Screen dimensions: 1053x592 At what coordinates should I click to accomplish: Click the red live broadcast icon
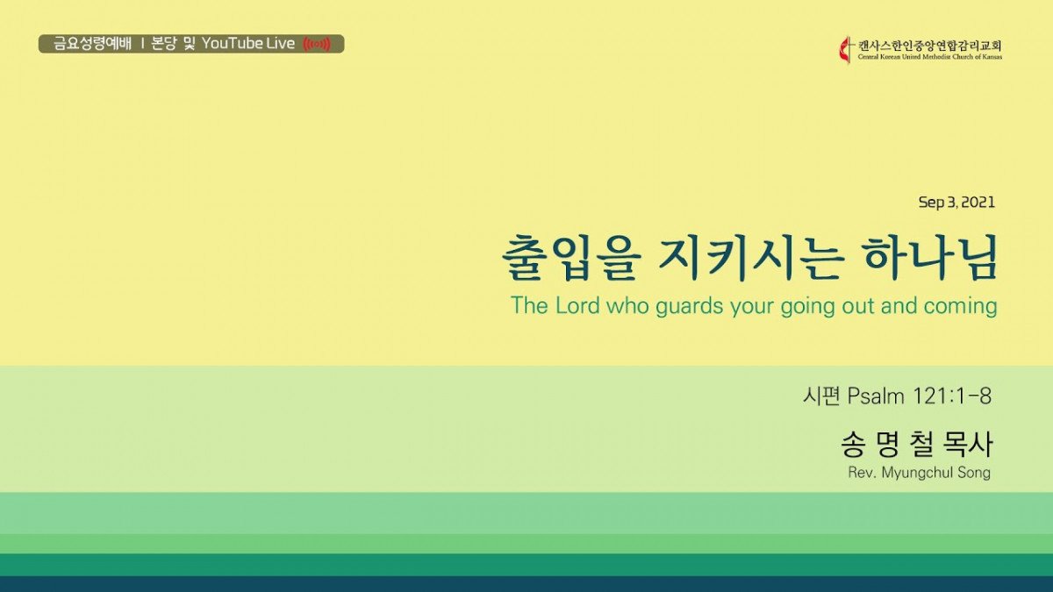(x=317, y=44)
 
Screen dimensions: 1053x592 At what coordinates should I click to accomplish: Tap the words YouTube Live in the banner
(x=248, y=44)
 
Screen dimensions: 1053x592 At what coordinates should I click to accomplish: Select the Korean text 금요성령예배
(x=93, y=44)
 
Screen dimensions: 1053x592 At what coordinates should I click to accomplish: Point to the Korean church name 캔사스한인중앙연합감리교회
(x=929, y=46)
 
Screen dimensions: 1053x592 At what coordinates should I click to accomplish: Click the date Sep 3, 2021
(x=956, y=203)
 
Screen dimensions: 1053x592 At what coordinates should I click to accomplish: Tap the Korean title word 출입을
(x=572, y=258)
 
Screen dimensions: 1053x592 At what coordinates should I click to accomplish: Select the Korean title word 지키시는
(x=749, y=258)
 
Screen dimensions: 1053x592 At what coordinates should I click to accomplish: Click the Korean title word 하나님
(x=925, y=258)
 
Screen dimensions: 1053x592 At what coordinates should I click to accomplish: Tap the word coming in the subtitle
(x=960, y=306)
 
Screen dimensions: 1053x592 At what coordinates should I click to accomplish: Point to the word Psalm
(x=876, y=396)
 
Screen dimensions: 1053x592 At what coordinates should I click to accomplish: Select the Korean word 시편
(x=821, y=396)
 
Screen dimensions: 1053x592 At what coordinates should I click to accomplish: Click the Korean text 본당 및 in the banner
(x=173, y=44)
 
